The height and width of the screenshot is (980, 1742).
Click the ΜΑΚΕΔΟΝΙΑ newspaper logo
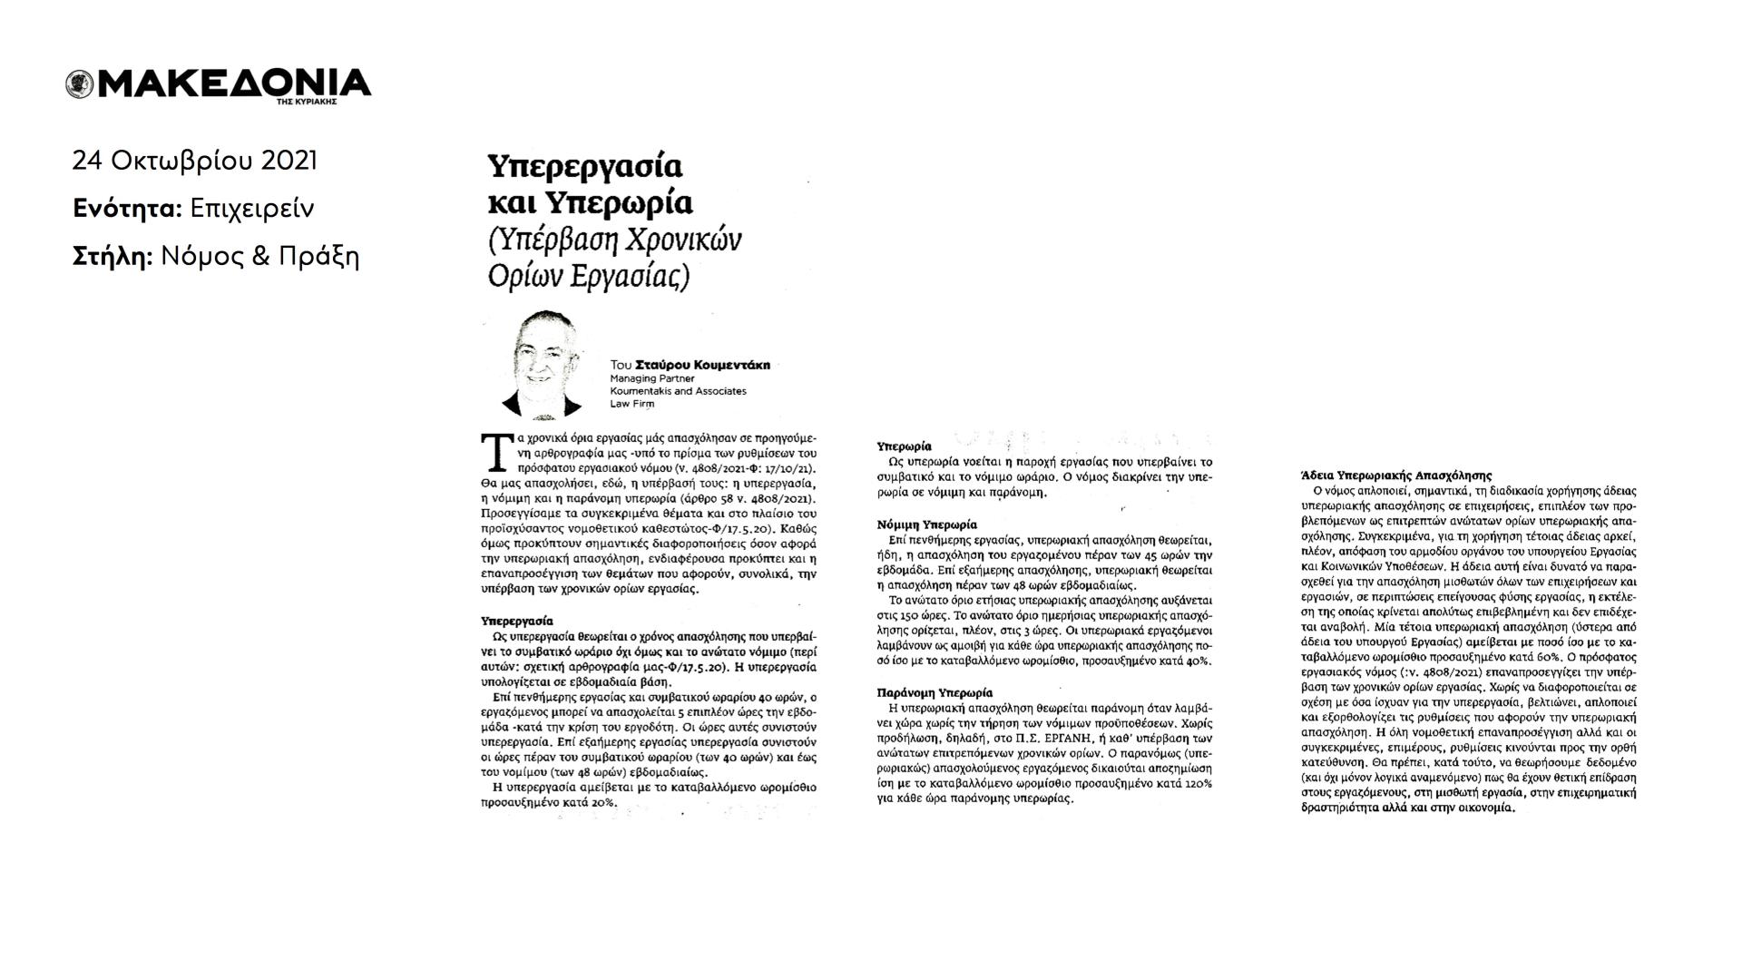[x=231, y=83]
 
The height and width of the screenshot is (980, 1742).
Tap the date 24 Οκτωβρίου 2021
[x=195, y=161]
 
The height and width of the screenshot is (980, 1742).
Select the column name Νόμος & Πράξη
[x=260, y=257]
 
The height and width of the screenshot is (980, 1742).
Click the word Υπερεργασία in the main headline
[x=584, y=167]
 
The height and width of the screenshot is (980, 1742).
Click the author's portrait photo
[x=544, y=363]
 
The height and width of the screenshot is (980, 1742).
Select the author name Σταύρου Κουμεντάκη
[x=702, y=365]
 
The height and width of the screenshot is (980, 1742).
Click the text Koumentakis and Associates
[x=678, y=391]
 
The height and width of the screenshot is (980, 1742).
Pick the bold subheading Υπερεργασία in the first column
[x=516, y=622]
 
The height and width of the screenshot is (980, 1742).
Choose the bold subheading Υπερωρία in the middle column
[x=904, y=446]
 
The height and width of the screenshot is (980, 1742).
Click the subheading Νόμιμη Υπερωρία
[x=926, y=524]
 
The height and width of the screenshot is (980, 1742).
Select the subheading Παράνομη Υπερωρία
[x=935, y=692]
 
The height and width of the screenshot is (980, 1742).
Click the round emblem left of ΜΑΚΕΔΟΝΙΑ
[x=79, y=84]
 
